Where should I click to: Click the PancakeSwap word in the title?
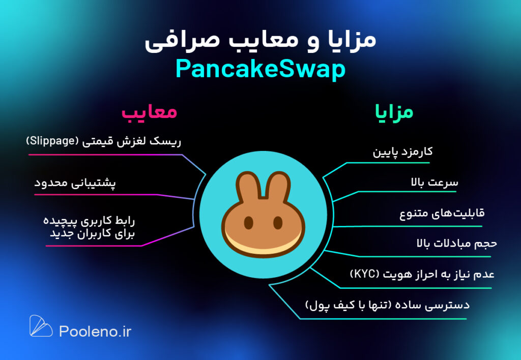coord(260,70)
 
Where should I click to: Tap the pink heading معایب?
coord(149,112)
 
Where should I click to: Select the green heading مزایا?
coord(394,112)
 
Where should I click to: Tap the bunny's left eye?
coord(248,223)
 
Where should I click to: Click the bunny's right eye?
coord(278,223)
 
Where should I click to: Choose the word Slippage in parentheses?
coord(52,141)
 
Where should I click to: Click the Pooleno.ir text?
coord(95,332)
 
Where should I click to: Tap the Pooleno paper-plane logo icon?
coord(41,325)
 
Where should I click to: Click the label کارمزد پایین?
coord(403,152)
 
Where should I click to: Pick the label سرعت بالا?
coord(435,182)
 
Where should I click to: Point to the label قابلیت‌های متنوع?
coord(442,213)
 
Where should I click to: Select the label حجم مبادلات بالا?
coord(457,244)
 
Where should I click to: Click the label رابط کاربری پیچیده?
coord(89,221)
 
